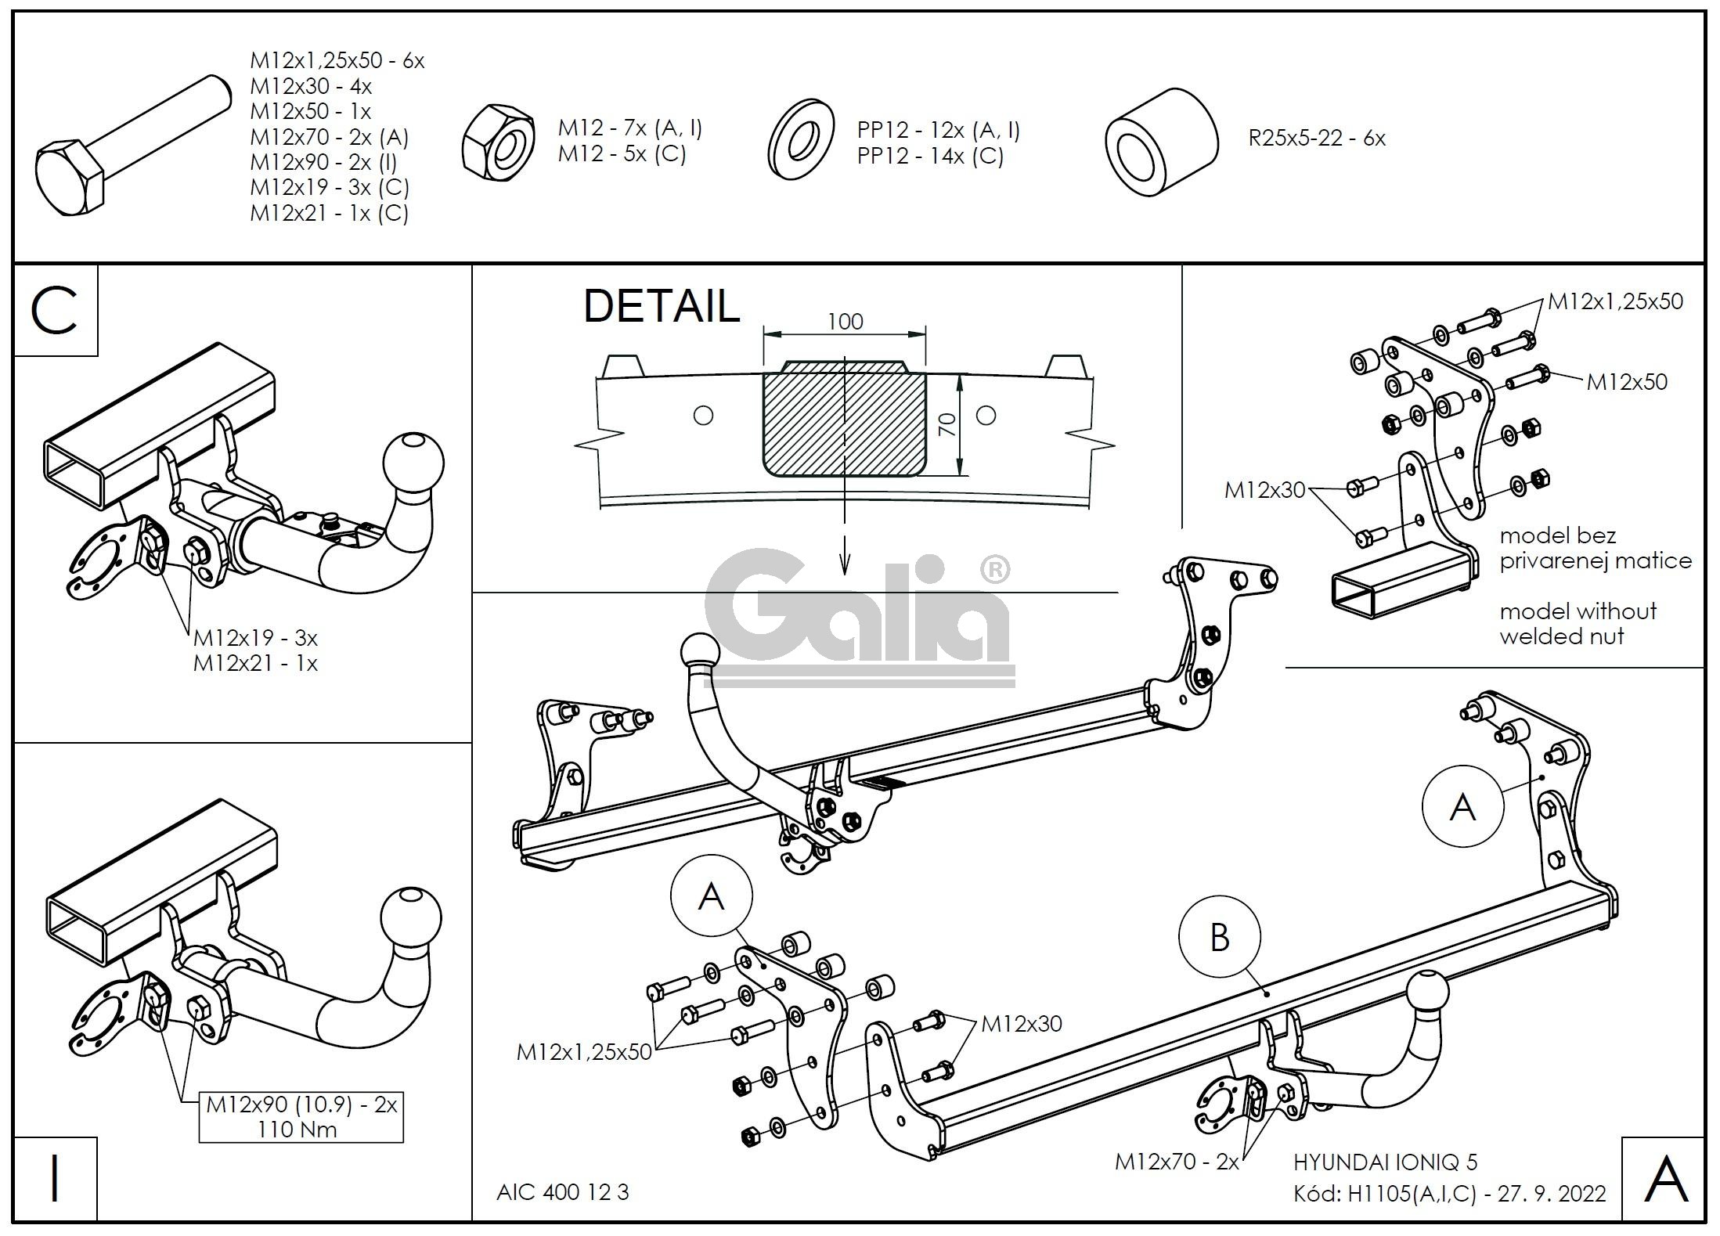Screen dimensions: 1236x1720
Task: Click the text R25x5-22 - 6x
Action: [1316, 139]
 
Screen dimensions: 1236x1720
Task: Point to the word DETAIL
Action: [662, 306]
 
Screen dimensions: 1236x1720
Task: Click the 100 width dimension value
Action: [845, 322]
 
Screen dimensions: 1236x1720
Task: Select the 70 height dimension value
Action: [947, 425]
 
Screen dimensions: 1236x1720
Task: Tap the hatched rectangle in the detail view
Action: [844, 423]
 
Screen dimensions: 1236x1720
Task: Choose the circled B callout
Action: [1220, 937]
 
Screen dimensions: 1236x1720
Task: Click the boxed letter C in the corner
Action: [56, 311]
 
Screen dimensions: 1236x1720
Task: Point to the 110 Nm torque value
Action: [297, 1130]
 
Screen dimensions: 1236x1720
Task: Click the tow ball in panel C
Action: [413, 462]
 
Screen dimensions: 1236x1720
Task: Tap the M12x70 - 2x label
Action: [1177, 1162]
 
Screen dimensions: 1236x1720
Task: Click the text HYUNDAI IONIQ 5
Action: [1385, 1163]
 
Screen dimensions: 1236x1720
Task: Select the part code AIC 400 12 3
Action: [562, 1192]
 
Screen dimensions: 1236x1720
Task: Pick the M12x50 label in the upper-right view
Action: [1626, 382]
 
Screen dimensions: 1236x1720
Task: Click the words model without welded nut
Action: [1578, 624]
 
